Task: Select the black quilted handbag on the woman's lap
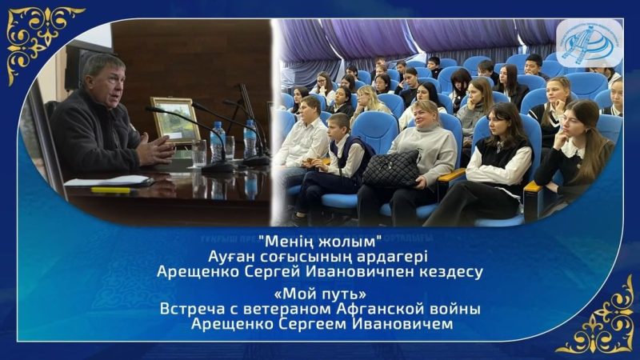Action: coord(392,170)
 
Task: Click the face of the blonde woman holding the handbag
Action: coord(425,114)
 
